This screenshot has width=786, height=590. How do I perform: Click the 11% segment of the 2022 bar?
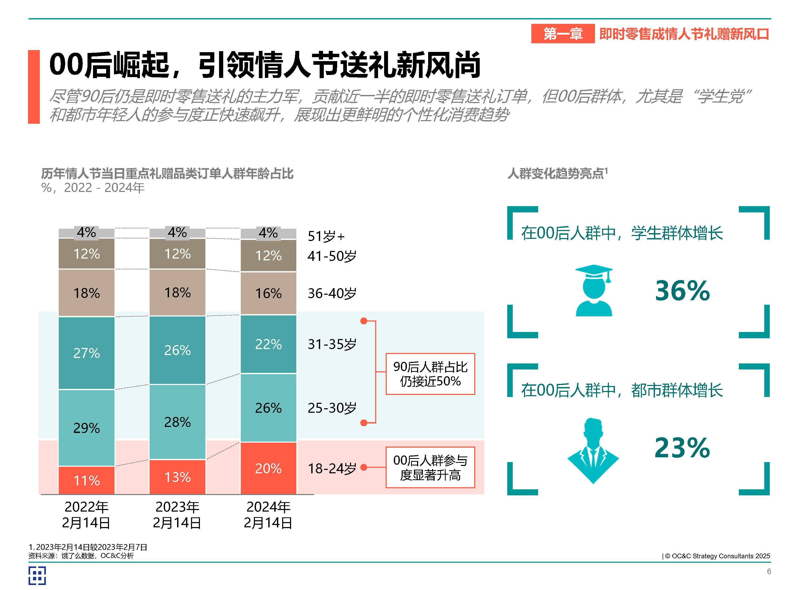pos(86,480)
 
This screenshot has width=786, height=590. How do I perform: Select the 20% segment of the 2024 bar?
pos(268,468)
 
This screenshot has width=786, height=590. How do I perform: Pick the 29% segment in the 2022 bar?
pos(86,427)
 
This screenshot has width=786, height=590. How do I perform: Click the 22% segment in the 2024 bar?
pos(268,344)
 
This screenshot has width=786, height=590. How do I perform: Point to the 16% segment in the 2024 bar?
pos(268,293)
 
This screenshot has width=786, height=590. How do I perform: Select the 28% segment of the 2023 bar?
pos(177,422)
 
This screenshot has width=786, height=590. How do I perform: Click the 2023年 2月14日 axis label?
pos(177,514)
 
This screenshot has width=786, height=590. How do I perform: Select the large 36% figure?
pos(682,291)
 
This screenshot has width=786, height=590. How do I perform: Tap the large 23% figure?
pos(682,447)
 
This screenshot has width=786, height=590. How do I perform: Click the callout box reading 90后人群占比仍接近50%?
pos(430,374)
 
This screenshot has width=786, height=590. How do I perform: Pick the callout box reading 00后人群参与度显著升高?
pos(430,467)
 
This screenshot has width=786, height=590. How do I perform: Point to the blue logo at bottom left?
pos(37,576)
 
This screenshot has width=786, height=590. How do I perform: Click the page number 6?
pos(769,571)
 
